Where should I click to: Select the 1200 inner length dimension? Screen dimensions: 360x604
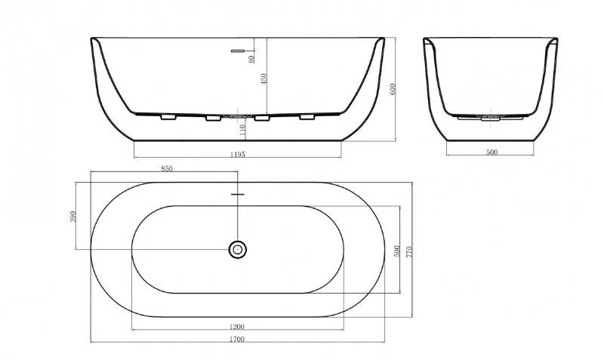239,326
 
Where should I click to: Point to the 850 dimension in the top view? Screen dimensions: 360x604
167,169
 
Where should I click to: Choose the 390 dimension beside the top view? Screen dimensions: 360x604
72,217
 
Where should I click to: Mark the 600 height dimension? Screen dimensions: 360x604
393,88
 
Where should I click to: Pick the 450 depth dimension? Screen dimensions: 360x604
263,78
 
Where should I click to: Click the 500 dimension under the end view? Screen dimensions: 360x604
491,152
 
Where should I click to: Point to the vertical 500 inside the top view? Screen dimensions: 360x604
396,250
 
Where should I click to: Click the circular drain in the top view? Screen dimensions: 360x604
238,249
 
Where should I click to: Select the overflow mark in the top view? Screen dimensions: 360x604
238,195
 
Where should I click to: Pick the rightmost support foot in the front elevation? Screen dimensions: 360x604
307,117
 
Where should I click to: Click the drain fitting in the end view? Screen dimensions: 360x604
491,118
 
